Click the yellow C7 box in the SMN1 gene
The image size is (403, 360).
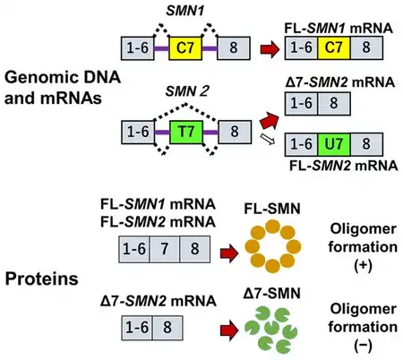click(x=185, y=47)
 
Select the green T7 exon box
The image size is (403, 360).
click(x=186, y=132)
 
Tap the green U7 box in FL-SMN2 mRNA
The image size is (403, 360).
click(x=334, y=144)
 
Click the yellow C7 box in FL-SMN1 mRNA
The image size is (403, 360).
click(x=334, y=47)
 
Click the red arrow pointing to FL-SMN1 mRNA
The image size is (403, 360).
click(x=270, y=49)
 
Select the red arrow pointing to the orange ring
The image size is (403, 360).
click(x=229, y=253)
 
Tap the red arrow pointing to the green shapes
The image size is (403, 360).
click(x=229, y=330)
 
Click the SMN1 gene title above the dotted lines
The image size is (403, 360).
click(x=185, y=12)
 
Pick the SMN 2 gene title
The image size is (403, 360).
click(x=187, y=91)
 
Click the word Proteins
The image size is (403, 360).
click(x=41, y=279)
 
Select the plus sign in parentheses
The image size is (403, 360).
click(x=363, y=265)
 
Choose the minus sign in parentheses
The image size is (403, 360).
click(x=363, y=346)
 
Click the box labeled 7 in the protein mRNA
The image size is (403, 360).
click(x=165, y=249)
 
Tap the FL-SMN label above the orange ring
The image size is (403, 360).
click(x=272, y=209)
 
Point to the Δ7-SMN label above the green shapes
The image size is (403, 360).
click(x=271, y=294)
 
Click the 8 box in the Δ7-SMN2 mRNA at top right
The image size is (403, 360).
click(x=334, y=104)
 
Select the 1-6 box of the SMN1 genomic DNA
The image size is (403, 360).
click(x=138, y=47)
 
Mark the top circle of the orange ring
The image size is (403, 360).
click(x=272, y=227)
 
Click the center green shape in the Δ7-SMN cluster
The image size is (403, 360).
click(x=271, y=329)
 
